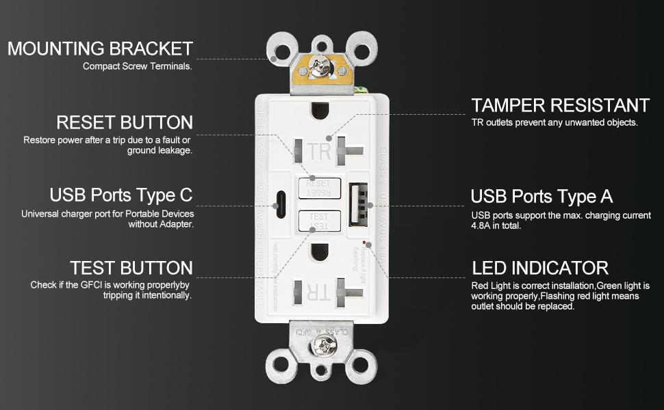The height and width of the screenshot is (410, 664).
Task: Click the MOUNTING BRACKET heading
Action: click(x=100, y=49)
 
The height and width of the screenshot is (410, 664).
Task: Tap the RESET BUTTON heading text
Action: click(x=124, y=123)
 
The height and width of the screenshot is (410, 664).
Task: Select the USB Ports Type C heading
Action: click(x=121, y=195)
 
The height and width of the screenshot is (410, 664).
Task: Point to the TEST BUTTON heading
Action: click(x=131, y=268)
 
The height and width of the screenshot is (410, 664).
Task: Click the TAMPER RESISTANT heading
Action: click(x=560, y=105)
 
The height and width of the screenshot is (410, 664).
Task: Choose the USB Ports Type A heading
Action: click(x=541, y=197)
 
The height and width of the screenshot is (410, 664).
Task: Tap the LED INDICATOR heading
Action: click(x=540, y=268)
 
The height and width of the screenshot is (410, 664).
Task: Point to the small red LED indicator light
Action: click(x=362, y=242)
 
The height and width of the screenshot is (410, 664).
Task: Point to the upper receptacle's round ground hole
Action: click(x=319, y=110)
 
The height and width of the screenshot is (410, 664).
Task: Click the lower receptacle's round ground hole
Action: click(x=319, y=252)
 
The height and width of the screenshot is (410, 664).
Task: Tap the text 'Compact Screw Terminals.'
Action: click(x=138, y=66)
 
